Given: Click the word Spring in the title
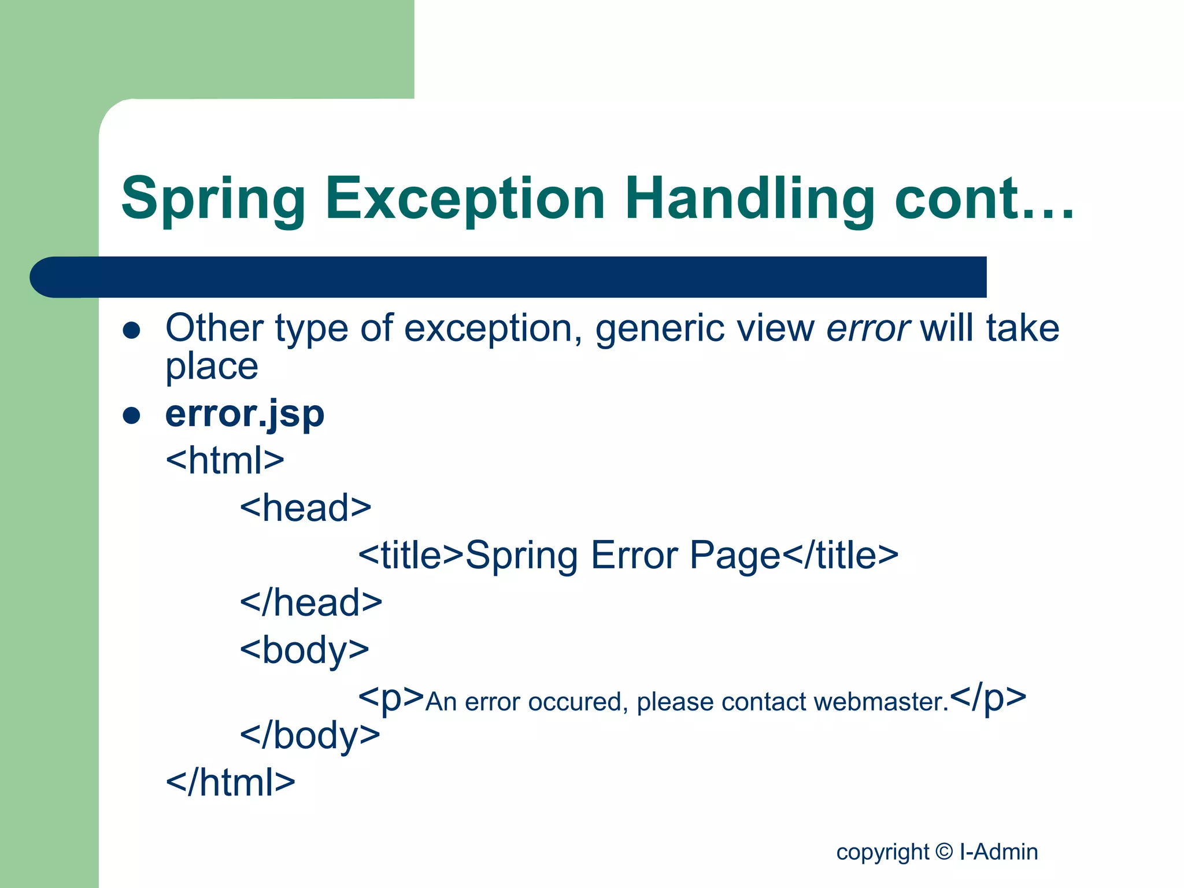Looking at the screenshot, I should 213,199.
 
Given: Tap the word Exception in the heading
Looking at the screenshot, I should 465,199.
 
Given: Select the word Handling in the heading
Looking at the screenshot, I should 749,199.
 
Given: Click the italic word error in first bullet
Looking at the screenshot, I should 868,328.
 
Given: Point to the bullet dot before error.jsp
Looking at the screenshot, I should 132,415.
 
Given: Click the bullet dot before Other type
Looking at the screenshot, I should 132,330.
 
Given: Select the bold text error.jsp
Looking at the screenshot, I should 245,414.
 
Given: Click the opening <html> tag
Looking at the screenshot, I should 225,460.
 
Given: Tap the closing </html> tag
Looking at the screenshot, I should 230,782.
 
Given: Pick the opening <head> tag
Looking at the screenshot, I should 305,508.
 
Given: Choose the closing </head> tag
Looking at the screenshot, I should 311,602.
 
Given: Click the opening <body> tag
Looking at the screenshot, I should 304,650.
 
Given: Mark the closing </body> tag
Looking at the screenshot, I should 310,735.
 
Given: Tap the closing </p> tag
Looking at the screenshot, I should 987,697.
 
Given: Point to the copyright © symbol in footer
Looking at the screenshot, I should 943,851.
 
